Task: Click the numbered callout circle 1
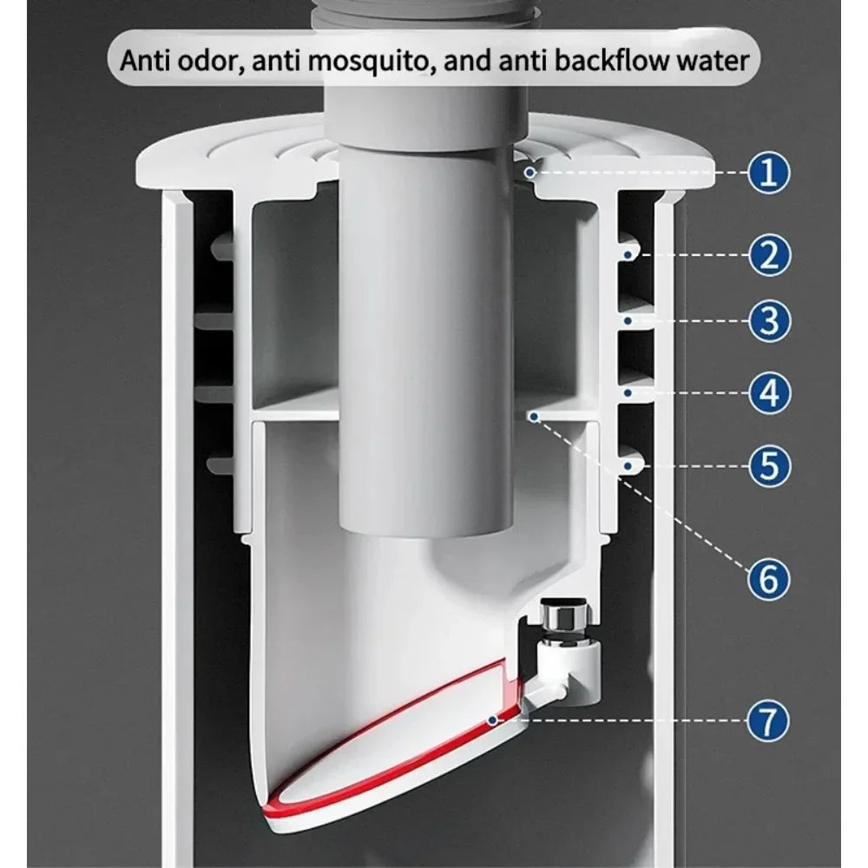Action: [x=769, y=173]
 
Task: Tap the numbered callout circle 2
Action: [x=769, y=255]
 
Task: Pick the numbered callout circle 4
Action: [x=769, y=393]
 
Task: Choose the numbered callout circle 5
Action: [x=769, y=466]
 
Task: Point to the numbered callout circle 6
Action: [x=769, y=579]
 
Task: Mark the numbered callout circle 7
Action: [x=768, y=720]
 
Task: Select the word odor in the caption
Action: [x=214, y=61]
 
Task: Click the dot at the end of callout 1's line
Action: [x=529, y=173]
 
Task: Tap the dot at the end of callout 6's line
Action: [x=534, y=417]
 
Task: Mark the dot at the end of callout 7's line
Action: [x=492, y=720]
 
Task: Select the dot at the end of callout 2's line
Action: [x=628, y=254]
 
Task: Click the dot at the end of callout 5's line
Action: [x=628, y=466]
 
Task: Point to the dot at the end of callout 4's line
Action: [x=628, y=393]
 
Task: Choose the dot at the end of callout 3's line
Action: [x=628, y=321]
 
